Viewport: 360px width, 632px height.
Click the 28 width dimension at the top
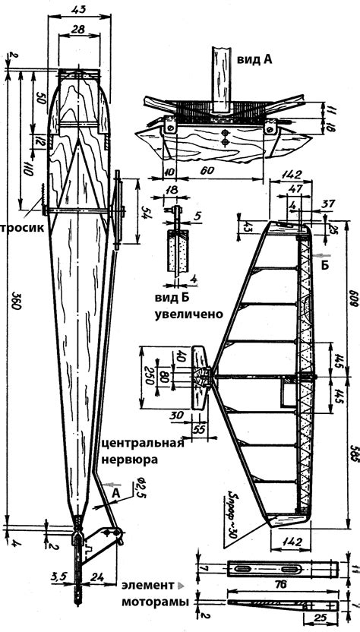click(77, 28)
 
